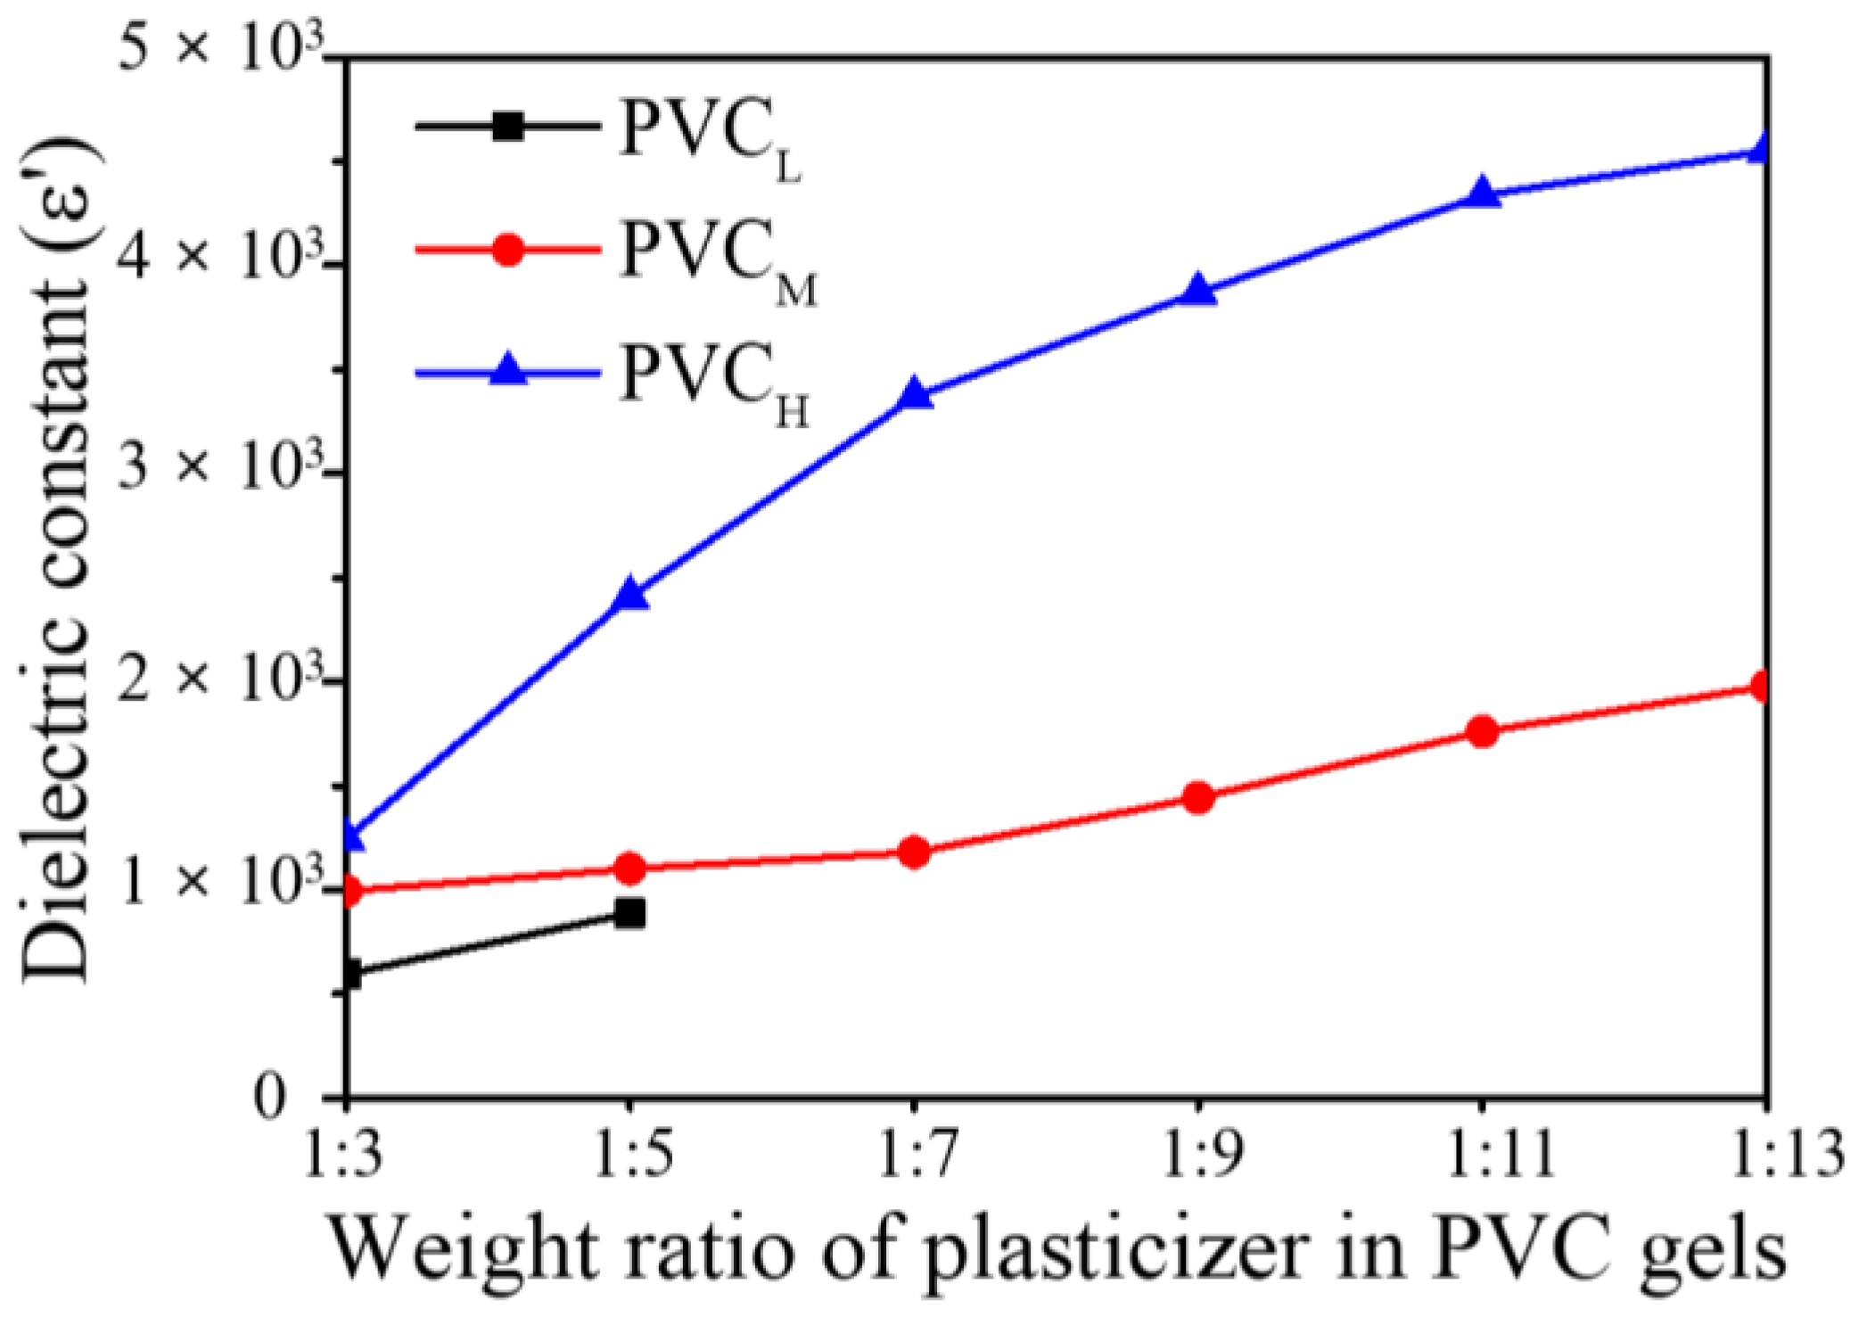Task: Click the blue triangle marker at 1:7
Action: click(x=915, y=394)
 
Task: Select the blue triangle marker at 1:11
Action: click(x=1483, y=193)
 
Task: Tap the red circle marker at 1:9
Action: click(x=1198, y=797)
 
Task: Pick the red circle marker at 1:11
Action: click(x=1483, y=731)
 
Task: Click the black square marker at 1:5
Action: click(x=630, y=913)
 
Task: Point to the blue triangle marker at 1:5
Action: click(x=631, y=594)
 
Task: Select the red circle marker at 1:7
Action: click(x=915, y=852)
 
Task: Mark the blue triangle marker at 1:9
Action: click(x=1198, y=291)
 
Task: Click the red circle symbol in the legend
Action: click(x=508, y=250)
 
